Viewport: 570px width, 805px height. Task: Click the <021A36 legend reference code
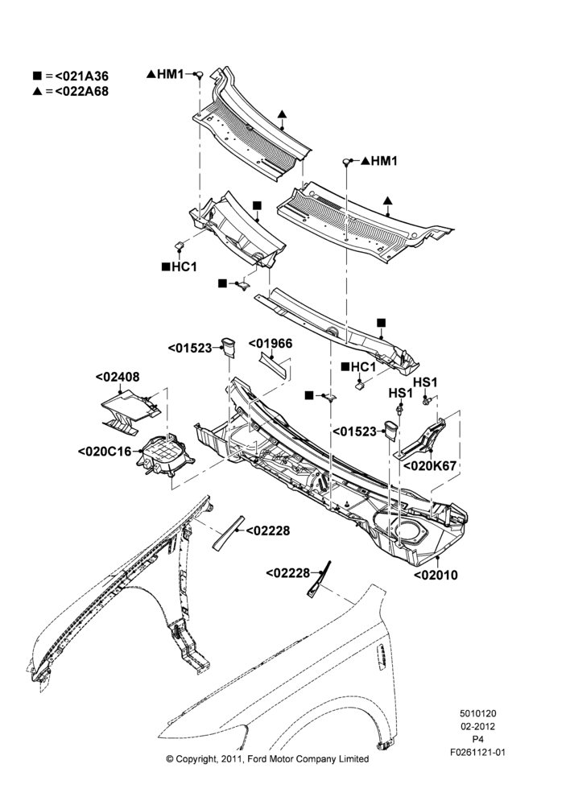[81, 76]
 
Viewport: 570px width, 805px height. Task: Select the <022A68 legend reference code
[81, 92]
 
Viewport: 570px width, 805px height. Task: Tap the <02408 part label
[117, 378]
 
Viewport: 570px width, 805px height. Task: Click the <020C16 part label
[105, 452]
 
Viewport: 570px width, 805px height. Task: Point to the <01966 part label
[271, 344]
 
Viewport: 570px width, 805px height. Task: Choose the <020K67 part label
[430, 466]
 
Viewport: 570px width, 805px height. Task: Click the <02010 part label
[436, 575]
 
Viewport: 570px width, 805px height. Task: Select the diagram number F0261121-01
[477, 753]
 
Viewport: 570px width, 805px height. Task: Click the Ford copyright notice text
[267, 759]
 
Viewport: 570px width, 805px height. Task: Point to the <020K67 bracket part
[423, 437]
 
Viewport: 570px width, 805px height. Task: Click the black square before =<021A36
[37, 76]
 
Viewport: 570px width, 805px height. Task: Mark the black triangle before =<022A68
[37, 92]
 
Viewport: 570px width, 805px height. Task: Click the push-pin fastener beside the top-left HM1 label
[200, 75]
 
